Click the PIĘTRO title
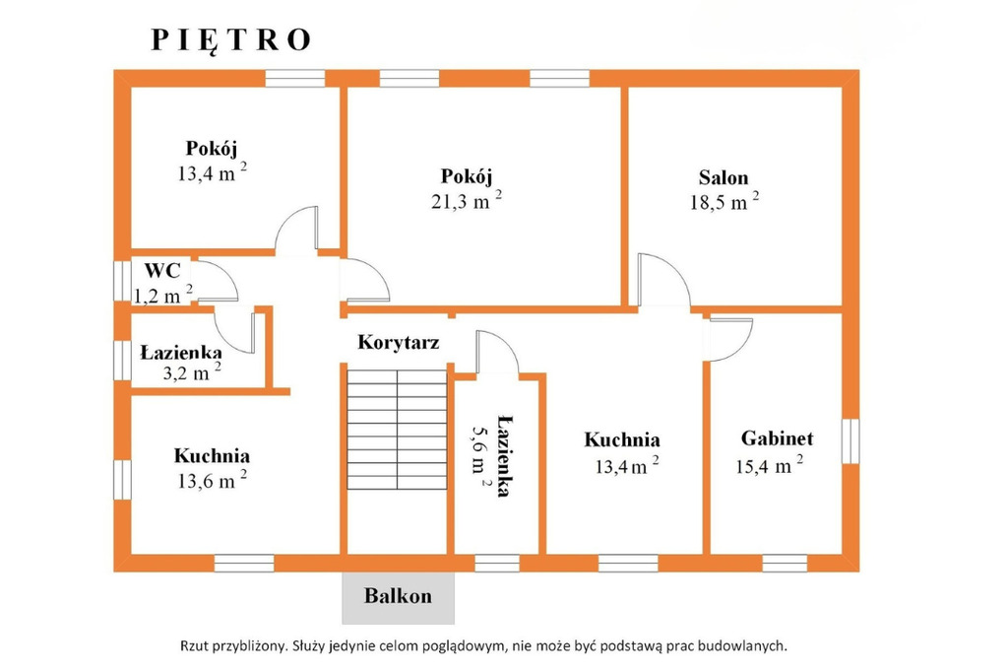click(x=230, y=40)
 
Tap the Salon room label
click(x=724, y=177)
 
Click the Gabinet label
click(x=777, y=438)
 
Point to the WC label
click(x=162, y=270)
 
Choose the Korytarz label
click(x=399, y=342)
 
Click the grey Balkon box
click(x=398, y=598)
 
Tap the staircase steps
click(x=398, y=430)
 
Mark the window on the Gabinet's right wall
click(x=850, y=440)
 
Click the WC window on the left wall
click(x=122, y=280)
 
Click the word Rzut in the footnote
click(x=194, y=645)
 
